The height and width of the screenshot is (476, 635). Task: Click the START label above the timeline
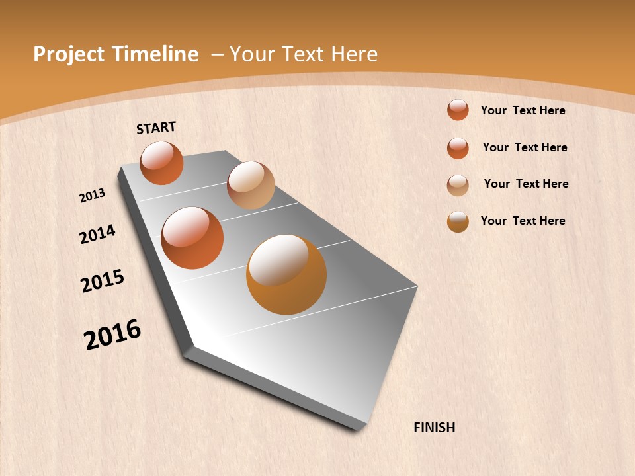tap(156, 128)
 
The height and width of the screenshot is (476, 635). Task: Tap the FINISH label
tap(434, 428)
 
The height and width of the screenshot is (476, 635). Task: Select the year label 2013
tap(92, 196)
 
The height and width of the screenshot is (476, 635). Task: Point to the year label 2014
tap(97, 235)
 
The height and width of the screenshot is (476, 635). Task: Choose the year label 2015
tap(103, 281)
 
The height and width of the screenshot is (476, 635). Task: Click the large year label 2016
tap(112, 335)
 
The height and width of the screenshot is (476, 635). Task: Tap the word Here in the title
tap(354, 54)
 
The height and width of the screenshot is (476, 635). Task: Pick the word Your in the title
tap(251, 54)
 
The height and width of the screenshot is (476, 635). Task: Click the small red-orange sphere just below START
tap(161, 163)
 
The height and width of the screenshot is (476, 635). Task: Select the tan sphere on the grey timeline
tap(251, 185)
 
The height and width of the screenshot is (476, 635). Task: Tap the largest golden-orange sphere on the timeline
tap(286, 274)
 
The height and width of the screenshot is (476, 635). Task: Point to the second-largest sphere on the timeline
tap(192, 238)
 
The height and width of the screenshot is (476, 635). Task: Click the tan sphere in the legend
tap(458, 185)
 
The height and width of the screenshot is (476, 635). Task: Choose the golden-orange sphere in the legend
tap(458, 221)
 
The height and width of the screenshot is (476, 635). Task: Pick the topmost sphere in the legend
tap(458, 110)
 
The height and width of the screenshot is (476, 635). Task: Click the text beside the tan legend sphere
tap(526, 184)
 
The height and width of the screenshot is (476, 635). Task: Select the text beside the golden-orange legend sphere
tap(523, 221)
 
